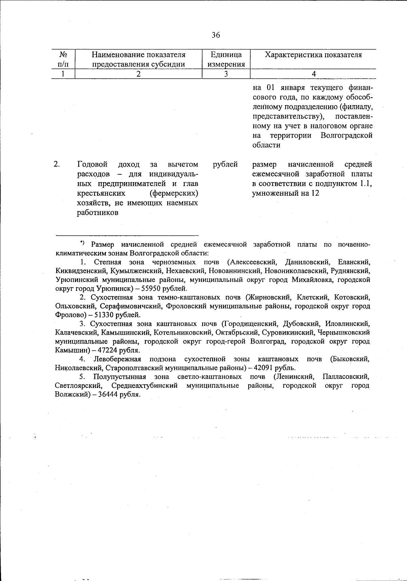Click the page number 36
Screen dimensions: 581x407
(216, 35)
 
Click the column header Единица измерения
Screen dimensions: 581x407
(226, 59)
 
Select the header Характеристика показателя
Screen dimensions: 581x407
(313, 55)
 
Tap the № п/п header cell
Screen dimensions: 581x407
(63, 59)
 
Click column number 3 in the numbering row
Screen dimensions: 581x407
(226, 74)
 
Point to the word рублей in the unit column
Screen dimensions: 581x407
(225, 164)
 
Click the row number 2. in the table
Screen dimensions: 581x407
(57, 164)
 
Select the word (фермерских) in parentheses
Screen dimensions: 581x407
(174, 193)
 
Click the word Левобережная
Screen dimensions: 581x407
(117, 359)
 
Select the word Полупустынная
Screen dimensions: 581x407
(120, 377)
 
